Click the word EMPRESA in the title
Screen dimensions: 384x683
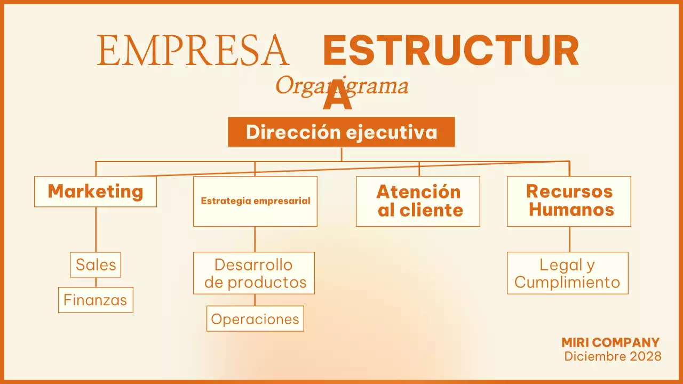point(193,51)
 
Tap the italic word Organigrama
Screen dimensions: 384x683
point(341,85)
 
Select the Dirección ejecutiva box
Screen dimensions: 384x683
point(341,132)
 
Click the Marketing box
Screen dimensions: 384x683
point(96,191)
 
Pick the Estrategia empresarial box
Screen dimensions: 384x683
point(255,202)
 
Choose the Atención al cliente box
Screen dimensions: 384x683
point(418,201)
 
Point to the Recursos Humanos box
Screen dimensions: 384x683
point(569,201)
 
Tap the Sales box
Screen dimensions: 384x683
point(96,265)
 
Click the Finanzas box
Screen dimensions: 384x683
point(96,300)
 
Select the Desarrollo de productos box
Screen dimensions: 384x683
point(254,273)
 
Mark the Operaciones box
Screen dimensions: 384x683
point(255,319)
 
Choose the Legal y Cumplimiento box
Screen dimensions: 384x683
point(568,273)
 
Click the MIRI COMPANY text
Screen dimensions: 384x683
point(610,342)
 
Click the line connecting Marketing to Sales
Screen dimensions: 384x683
point(96,229)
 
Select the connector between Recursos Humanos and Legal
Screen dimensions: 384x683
point(569,239)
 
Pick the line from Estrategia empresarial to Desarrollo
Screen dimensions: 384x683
point(255,239)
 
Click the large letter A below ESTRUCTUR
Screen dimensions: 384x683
point(338,96)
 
